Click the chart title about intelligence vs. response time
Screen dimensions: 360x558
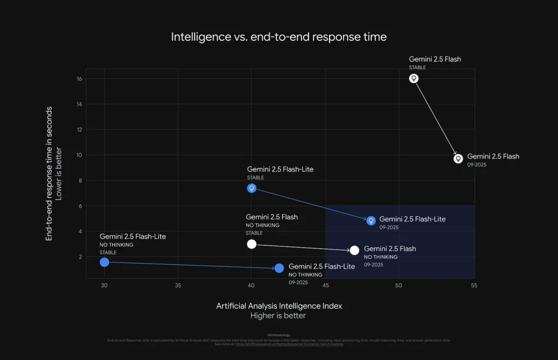(x=279, y=37)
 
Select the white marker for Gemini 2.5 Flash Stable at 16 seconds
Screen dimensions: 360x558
(x=414, y=78)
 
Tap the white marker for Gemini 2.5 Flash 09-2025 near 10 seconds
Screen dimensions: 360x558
(x=458, y=158)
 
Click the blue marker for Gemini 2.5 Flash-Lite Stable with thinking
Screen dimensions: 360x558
(x=252, y=188)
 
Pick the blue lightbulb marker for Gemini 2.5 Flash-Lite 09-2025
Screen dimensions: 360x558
(x=371, y=221)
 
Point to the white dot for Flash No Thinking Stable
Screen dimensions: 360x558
(x=251, y=244)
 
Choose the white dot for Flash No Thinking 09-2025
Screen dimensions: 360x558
(x=354, y=251)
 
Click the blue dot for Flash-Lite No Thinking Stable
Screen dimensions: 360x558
(x=105, y=262)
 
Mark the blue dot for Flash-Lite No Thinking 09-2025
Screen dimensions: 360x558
(x=279, y=268)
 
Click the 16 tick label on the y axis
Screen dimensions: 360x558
(x=79, y=79)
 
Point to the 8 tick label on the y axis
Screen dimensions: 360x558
(x=80, y=181)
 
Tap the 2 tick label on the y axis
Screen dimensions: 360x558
(x=80, y=257)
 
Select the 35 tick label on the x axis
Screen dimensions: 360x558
(x=178, y=285)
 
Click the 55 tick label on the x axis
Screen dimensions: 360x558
(x=473, y=285)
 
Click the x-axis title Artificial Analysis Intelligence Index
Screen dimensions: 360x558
(x=279, y=306)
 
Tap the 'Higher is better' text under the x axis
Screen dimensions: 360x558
(x=278, y=316)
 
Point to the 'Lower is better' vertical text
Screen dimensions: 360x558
(x=59, y=173)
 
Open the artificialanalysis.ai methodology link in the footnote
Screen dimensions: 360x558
(x=289, y=345)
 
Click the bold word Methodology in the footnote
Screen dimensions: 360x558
(x=279, y=335)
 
